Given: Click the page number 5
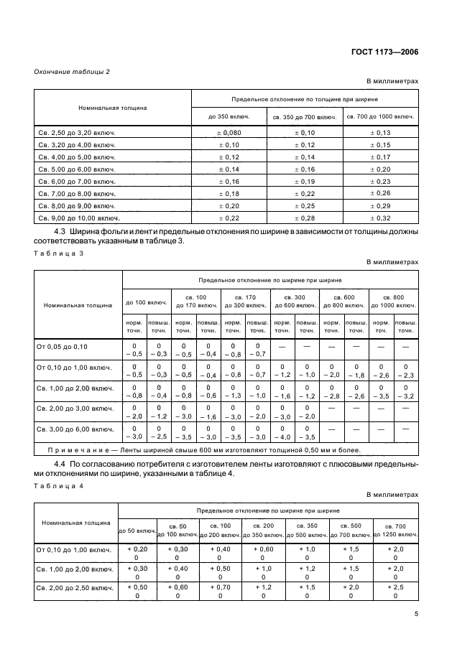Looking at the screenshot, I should tap(416, 613).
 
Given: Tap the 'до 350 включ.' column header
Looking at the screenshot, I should tap(229, 116).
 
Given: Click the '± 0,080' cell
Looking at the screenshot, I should tap(229, 134).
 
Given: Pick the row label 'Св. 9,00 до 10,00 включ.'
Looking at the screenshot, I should tap(79, 217).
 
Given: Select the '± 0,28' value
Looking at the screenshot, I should tap(305, 217).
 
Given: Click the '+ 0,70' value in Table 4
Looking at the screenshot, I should tap(221, 586).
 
